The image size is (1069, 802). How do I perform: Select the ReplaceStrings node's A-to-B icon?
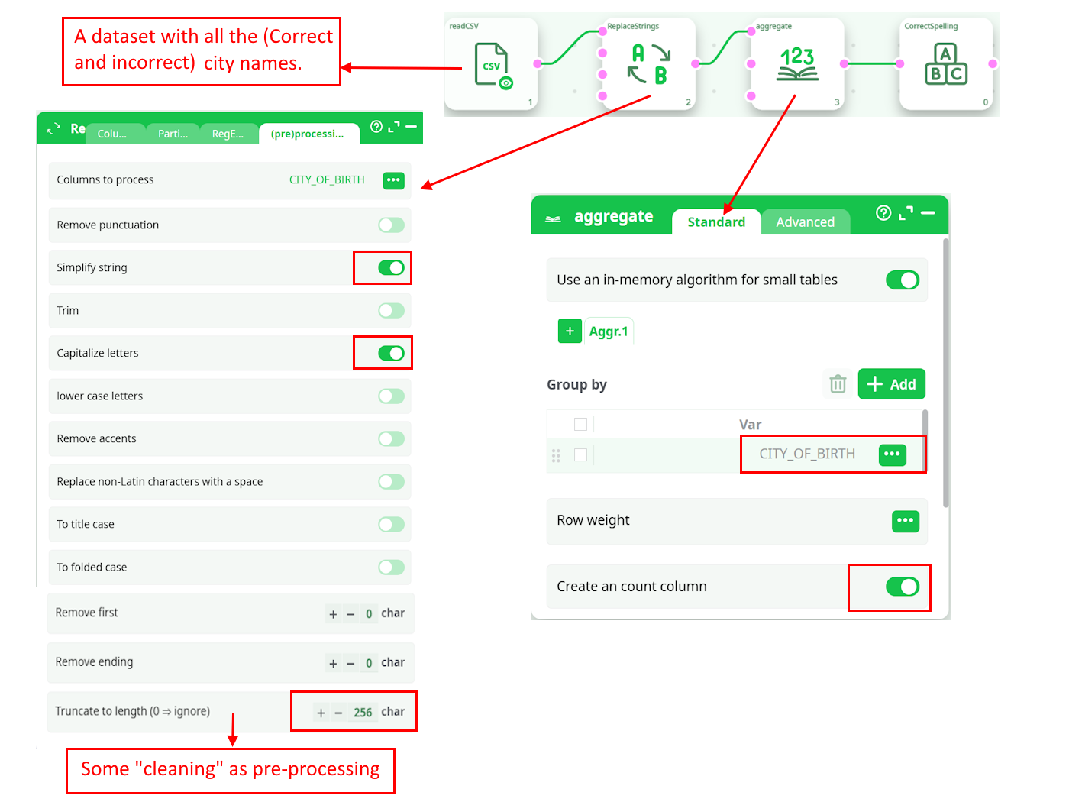(649, 64)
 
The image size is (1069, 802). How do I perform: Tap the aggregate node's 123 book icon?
(797, 64)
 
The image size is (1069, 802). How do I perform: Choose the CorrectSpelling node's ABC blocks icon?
(946, 64)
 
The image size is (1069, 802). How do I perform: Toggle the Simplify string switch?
(391, 267)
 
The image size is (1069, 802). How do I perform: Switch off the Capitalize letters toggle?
(391, 353)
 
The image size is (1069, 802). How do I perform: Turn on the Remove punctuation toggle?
(391, 225)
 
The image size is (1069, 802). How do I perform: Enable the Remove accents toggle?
(391, 438)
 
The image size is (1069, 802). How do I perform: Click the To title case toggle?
(391, 525)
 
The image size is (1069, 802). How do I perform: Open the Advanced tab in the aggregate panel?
(805, 222)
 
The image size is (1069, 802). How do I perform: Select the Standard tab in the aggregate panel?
(716, 222)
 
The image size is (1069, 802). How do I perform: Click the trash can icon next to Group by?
(838, 384)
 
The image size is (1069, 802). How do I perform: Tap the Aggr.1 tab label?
(609, 331)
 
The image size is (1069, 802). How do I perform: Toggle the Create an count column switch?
(903, 587)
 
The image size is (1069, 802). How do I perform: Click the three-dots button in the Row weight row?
(906, 521)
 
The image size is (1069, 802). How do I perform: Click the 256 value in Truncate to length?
(363, 713)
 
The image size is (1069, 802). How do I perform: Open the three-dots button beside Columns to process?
(393, 180)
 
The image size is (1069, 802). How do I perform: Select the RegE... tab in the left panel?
(228, 134)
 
